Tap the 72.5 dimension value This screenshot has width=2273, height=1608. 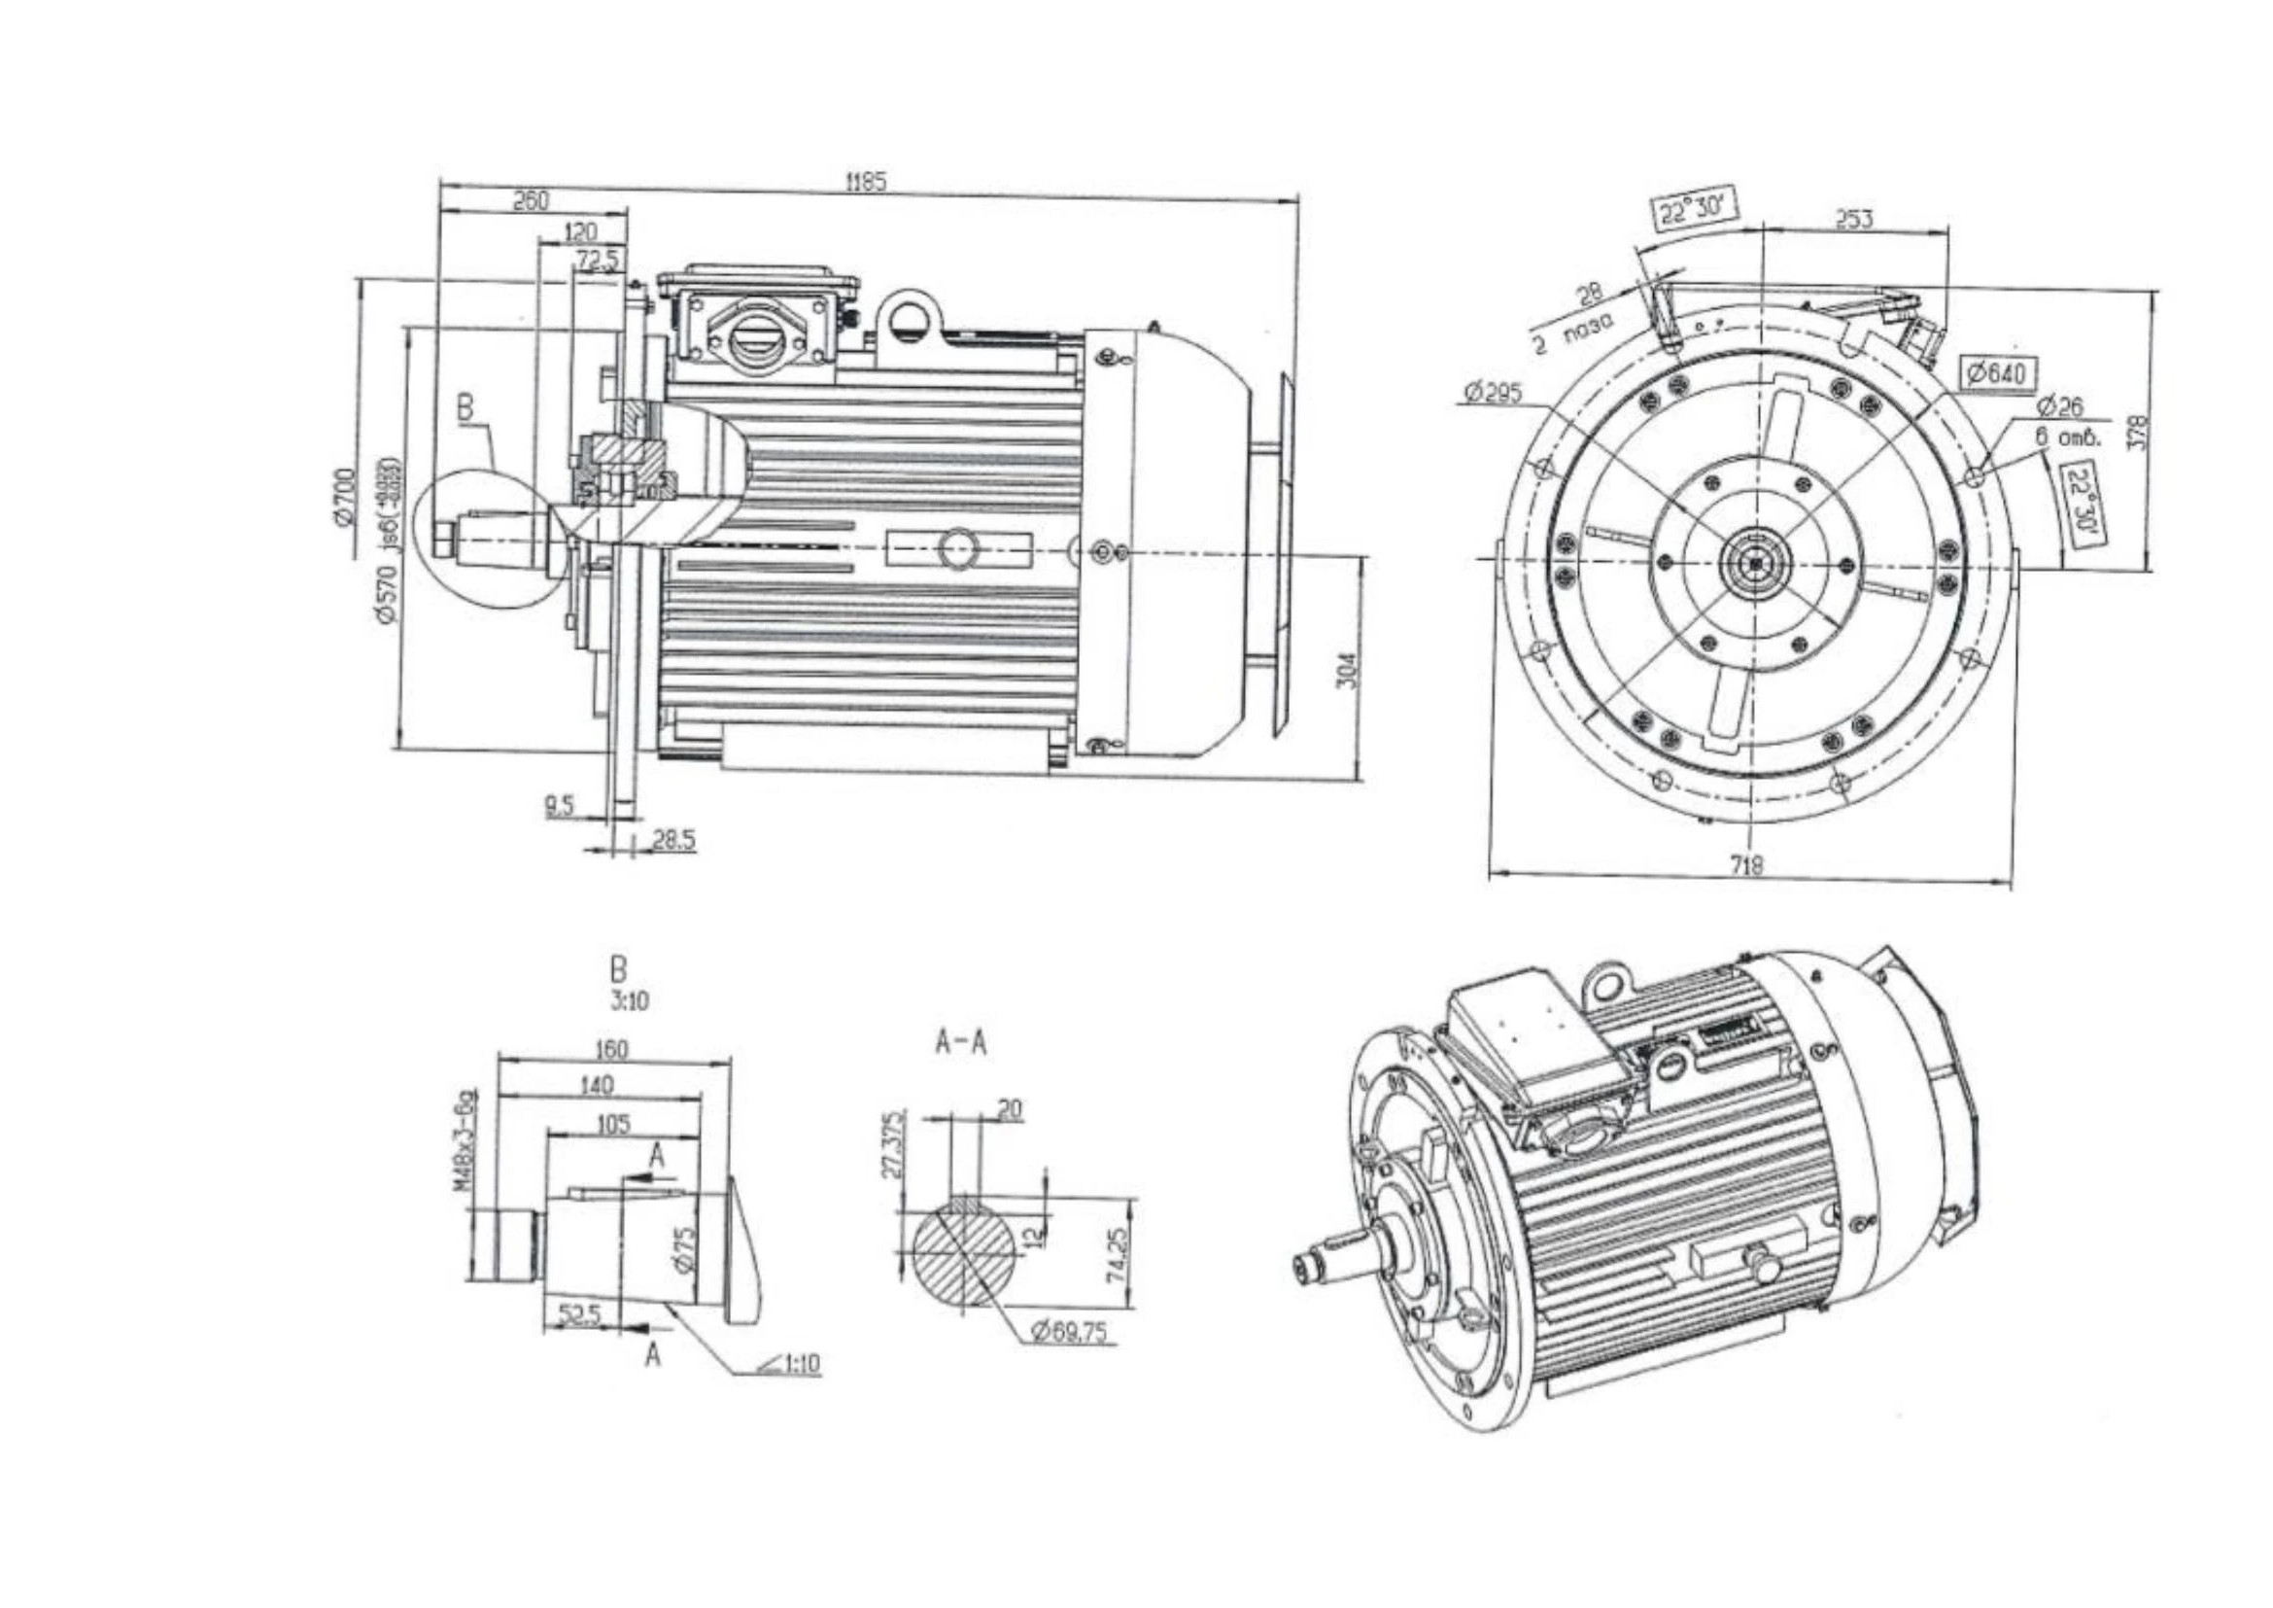598,261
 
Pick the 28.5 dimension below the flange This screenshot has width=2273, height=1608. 674,840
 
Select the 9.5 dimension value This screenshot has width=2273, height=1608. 560,805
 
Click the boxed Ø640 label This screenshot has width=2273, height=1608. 1999,372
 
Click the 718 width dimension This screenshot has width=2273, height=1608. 1746,864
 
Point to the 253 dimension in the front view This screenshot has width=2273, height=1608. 1854,219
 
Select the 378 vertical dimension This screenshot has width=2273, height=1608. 2136,430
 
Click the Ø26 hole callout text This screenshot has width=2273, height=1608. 2059,406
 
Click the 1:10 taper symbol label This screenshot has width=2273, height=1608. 792,1364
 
